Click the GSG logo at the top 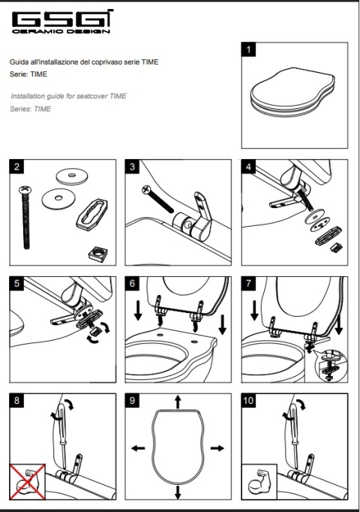(x=62, y=22)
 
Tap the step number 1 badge (x=248, y=50)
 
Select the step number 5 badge (x=16, y=283)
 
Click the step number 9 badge (x=132, y=400)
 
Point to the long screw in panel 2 (x=25, y=218)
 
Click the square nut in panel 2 (x=98, y=252)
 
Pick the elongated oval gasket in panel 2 (x=91, y=213)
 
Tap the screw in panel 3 (x=157, y=198)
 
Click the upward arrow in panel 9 (x=178, y=402)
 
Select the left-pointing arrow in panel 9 (x=138, y=448)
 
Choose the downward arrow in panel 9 (x=178, y=492)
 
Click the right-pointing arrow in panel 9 (x=217, y=448)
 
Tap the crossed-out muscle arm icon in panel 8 (x=28, y=482)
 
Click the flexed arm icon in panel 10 (x=259, y=482)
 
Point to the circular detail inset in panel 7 (x=331, y=366)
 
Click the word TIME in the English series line (x=43, y=109)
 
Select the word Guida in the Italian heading (x=18, y=62)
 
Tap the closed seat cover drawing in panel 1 (x=293, y=92)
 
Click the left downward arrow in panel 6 (x=138, y=311)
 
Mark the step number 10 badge (x=248, y=400)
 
